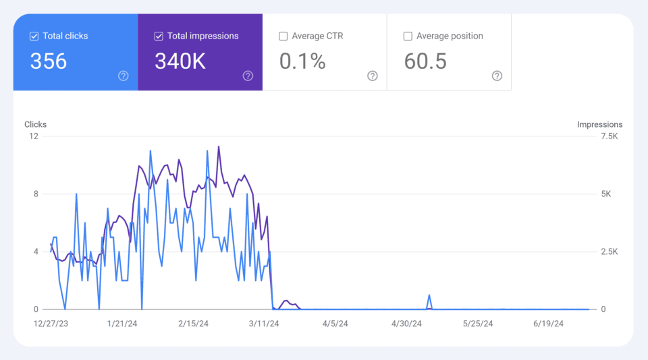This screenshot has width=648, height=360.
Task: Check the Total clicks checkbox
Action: click(34, 36)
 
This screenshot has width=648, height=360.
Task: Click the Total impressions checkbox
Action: click(159, 36)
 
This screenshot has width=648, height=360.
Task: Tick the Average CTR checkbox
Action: click(283, 36)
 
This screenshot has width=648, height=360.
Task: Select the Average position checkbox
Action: click(408, 36)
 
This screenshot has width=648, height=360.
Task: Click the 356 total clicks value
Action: click(49, 61)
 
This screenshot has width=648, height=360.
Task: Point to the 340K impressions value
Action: click(180, 61)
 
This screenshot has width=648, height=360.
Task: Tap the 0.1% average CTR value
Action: click(302, 61)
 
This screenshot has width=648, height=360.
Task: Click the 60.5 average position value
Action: click(425, 61)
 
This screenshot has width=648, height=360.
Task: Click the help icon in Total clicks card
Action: click(124, 76)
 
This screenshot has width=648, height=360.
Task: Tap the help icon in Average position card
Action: click(497, 76)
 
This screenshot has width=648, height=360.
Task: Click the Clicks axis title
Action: click(36, 124)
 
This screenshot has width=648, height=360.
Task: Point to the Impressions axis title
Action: click(599, 124)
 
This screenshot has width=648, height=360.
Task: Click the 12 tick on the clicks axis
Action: click(34, 136)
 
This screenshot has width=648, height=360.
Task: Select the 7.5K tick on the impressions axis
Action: click(609, 136)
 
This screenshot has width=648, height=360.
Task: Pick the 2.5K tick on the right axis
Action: click(609, 252)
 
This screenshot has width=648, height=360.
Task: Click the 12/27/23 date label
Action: click(51, 324)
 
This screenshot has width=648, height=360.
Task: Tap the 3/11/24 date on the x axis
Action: click(265, 324)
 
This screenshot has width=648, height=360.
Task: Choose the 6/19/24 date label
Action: click(548, 324)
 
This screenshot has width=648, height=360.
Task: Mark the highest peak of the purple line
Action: click(219, 147)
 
